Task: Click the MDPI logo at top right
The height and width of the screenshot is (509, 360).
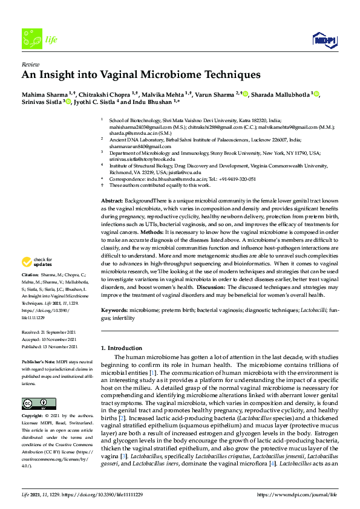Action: coord(324,40)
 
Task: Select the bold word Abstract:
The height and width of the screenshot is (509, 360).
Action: coord(111,199)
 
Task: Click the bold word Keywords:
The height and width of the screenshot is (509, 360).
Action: coord(114,310)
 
